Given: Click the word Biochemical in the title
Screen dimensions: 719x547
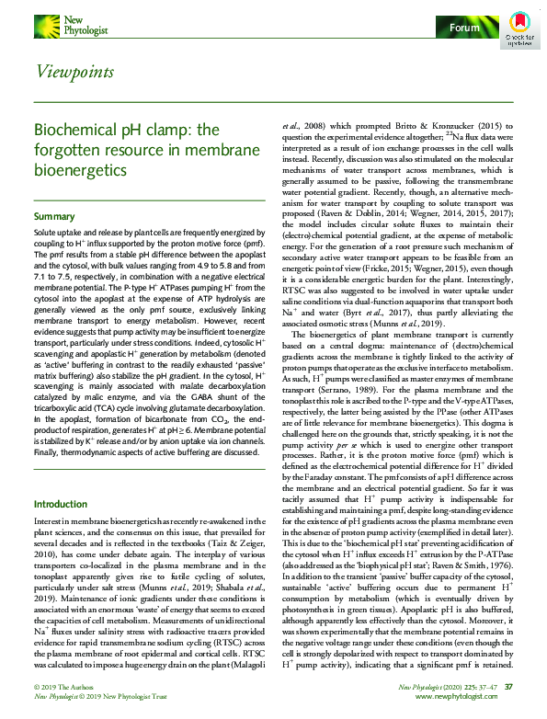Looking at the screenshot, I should click(x=68, y=130).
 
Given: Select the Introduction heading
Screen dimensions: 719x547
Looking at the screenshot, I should click(x=60, y=505).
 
